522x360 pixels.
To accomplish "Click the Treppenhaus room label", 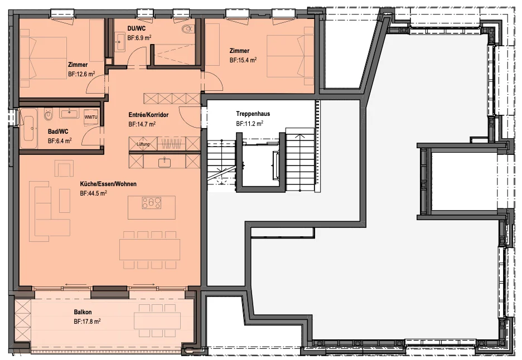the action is tap(253, 114).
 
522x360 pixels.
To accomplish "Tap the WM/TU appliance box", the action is tap(90, 117).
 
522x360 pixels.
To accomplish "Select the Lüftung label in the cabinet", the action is tap(143, 144).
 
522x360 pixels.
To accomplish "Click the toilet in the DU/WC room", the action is tap(187, 29).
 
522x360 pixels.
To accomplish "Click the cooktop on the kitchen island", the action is tap(152, 203).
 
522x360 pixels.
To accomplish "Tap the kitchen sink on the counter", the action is tap(165, 162).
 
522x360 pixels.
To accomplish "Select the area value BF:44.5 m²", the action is tap(93, 193).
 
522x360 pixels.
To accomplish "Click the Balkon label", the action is tap(83, 312).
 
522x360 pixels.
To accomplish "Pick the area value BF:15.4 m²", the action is tap(243, 60).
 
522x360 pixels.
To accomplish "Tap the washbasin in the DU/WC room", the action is tap(120, 42).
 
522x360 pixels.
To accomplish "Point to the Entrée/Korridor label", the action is tap(148, 115).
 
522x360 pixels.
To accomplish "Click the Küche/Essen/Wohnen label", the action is tap(108, 184).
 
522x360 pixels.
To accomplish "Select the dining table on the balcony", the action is tap(157, 320).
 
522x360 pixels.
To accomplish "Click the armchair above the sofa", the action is tap(64, 168).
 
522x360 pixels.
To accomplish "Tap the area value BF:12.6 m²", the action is tap(81, 74).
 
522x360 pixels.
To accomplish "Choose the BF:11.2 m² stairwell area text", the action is tap(250, 124).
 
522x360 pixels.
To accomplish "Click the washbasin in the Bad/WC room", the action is tap(69, 113).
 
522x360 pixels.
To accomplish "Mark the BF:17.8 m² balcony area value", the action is tap(87, 322).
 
